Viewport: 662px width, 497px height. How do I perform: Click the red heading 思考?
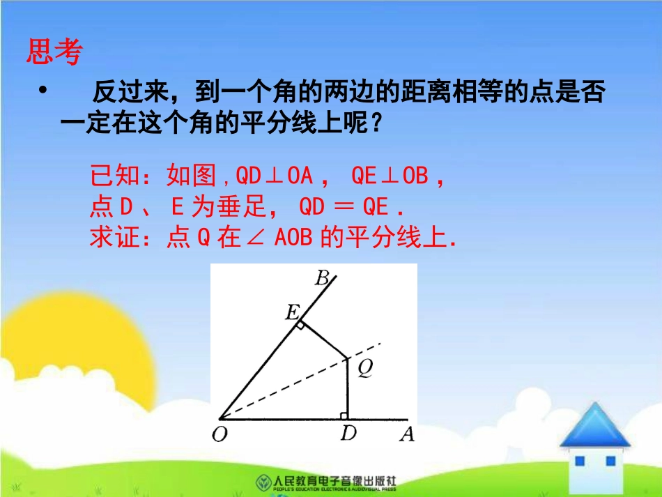pos(54,52)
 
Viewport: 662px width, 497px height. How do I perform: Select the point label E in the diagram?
pos(292,313)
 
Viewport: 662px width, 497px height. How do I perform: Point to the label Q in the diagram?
pos(364,370)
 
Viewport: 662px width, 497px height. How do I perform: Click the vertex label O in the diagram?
pos(220,435)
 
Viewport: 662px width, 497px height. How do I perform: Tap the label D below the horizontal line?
pos(348,434)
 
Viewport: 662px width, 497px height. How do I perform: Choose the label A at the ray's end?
pos(407,435)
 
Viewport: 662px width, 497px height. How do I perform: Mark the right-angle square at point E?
pos(299,325)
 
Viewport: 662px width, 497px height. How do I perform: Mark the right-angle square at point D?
pos(344,415)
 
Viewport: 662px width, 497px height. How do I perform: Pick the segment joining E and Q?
pos(322,340)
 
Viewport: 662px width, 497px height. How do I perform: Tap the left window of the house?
pos(581,461)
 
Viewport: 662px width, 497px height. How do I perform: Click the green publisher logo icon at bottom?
pos(263,482)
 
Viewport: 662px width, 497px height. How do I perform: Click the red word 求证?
pos(109,238)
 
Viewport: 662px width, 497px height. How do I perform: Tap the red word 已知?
pos(110,176)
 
